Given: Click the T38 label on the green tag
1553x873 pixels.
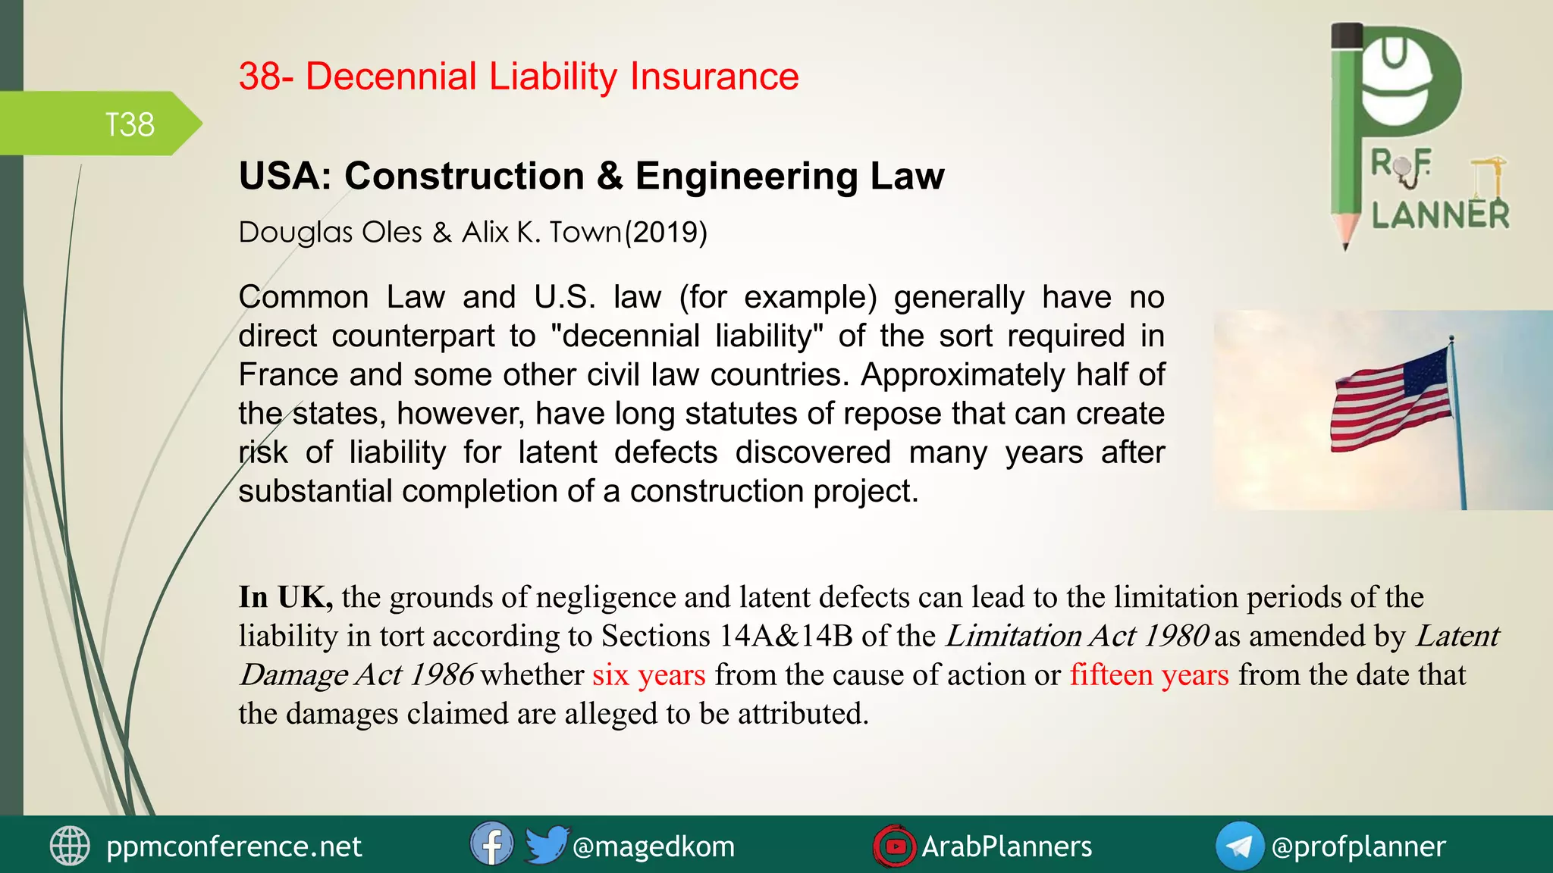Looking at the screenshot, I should [130, 124].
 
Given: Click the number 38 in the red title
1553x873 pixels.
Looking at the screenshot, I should [260, 77].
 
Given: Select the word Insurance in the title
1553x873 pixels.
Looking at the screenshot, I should [714, 77].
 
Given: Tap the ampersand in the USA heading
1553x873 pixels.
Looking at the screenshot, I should [610, 176].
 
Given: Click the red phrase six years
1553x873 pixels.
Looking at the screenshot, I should [648, 674].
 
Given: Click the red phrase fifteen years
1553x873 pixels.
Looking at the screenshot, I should [1149, 674].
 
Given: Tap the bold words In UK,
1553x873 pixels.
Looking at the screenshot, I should [286, 597].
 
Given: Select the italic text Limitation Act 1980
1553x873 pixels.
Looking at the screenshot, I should [1077, 636].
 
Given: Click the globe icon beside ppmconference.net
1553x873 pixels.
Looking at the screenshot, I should [70, 846].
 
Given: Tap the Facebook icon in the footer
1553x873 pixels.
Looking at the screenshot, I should [491, 845].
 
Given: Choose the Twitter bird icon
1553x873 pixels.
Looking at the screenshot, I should [546, 844].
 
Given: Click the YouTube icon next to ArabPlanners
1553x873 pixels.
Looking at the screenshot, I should [895, 846].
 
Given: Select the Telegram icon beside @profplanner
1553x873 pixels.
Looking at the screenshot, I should [1239, 846].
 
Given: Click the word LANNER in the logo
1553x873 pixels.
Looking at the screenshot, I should [1440, 215].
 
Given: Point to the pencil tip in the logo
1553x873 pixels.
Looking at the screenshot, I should [1345, 242].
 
